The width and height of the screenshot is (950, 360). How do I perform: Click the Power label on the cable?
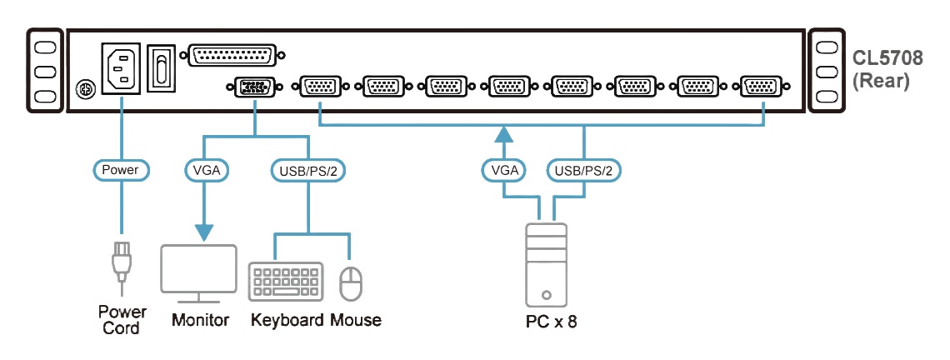[121, 171]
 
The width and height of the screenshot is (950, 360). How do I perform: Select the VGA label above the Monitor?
[205, 171]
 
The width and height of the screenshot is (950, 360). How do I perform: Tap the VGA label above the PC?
[504, 171]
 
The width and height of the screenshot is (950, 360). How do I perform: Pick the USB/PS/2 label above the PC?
[584, 171]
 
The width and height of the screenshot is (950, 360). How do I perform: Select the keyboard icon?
[286, 282]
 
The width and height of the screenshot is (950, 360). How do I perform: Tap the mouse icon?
[351, 282]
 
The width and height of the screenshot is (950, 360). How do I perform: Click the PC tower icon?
[546, 264]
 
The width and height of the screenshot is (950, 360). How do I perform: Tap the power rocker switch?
[161, 67]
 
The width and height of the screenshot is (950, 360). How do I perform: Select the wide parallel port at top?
[236, 55]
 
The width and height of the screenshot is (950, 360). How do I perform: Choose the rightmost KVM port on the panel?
[760, 86]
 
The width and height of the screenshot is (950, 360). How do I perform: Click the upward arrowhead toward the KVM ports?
[504, 133]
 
